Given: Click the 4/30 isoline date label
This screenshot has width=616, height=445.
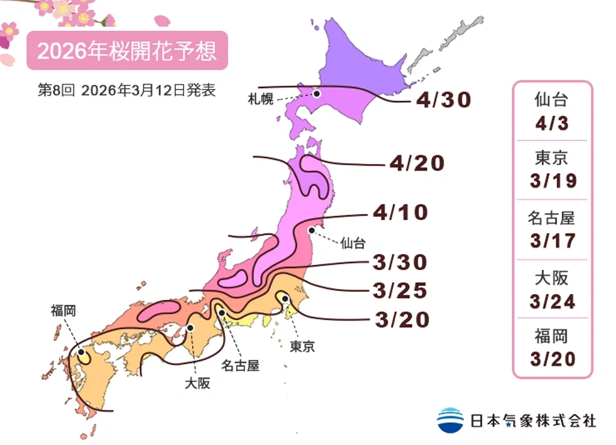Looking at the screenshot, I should point(444,100).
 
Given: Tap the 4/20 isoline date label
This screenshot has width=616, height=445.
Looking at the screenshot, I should point(417,163).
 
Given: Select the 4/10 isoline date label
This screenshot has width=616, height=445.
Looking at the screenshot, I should point(400,213).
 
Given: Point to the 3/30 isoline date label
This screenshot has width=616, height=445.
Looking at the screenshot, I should point(400,263).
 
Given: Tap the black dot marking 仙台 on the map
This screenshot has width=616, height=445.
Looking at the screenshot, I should point(312,230).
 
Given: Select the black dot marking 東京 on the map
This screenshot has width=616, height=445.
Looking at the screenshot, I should point(285,298).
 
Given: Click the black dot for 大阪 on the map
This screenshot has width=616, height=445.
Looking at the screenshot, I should point(191,328).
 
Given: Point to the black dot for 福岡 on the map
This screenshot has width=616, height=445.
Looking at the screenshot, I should point(81,353).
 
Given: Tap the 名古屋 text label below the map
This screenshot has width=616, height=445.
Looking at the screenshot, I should point(240,365).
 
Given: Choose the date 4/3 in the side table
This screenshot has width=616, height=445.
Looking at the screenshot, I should point(552,123).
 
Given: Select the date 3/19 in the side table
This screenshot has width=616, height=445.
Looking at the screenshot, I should point(552,181).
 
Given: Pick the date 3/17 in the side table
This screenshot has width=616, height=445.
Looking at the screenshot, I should point(552,241).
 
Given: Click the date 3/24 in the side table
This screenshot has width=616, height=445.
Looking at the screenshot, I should point(552,301).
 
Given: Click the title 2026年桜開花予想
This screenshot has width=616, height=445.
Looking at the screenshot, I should point(127,51).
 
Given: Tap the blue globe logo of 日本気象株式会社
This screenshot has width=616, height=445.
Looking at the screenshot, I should point(450,420).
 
